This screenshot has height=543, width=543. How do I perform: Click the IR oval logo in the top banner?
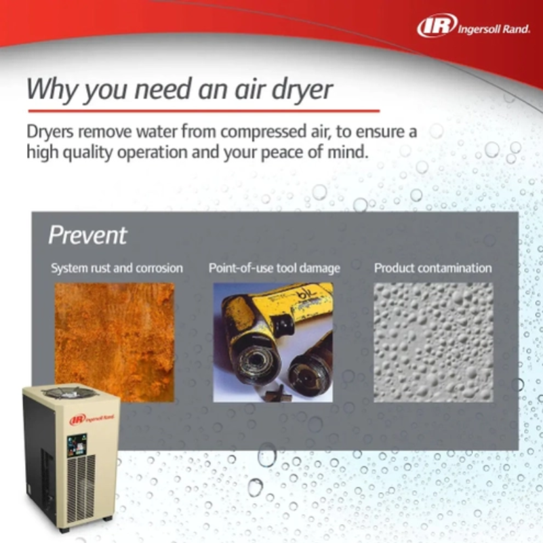tap(437, 25)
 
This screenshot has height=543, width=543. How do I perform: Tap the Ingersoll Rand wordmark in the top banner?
tap(494, 29)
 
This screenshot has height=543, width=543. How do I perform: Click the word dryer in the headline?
tap(302, 90)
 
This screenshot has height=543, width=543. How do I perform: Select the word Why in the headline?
tap(52, 90)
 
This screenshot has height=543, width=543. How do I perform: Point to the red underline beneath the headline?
tap(204, 111)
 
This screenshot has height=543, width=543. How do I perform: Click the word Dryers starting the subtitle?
tap(50, 132)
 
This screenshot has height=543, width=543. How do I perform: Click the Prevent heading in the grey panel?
tap(87, 235)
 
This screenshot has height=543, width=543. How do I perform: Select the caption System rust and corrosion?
tap(117, 268)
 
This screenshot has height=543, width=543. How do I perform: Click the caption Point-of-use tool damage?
tap(275, 268)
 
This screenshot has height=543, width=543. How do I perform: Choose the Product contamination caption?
tap(433, 268)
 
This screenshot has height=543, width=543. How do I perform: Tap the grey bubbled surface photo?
tap(433, 342)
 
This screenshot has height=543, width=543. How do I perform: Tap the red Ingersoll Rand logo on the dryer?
tap(92, 419)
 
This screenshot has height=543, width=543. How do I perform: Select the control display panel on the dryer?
tap(77, 445)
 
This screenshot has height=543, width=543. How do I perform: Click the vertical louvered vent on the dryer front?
tap(81, 488)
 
